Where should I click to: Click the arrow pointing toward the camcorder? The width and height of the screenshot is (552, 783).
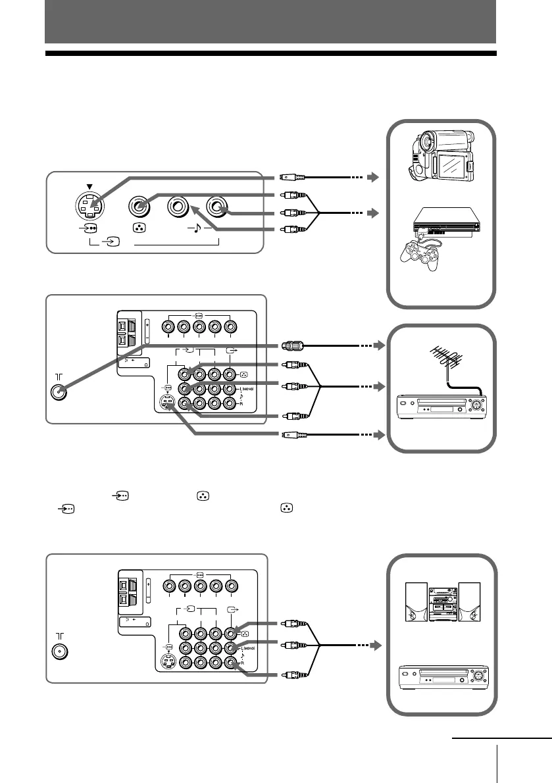coord(374,177)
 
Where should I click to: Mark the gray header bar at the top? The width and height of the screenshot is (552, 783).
coord(270,22)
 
